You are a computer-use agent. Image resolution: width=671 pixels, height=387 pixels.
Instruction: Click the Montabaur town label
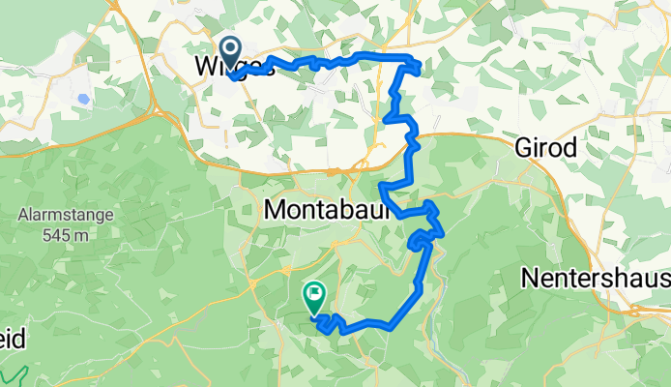click(326, 209)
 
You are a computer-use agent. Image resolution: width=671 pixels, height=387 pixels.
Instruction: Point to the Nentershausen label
click(596, 279)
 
